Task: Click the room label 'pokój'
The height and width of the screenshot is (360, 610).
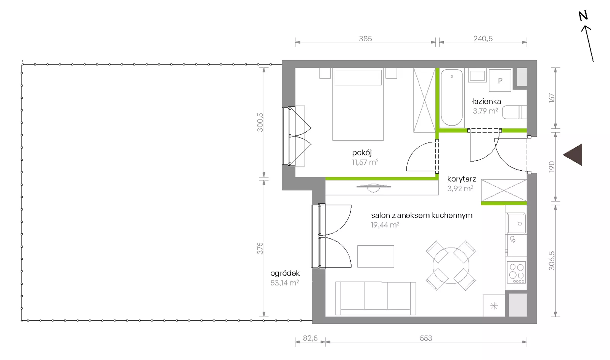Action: [x=362, y=153]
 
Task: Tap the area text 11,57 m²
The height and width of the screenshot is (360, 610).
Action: [x=365, y=162]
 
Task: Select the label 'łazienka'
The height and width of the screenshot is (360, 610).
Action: [x=486, y=101]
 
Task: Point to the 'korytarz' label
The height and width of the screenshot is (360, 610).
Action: [x=462, y=179]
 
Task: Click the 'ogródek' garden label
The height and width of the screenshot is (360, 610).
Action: [x=285, y=273]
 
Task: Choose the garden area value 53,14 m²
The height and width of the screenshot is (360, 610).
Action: [x=284, y=283]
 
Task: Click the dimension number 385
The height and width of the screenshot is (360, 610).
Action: [x=365, y=38]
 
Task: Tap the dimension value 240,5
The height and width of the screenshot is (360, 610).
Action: [x=483, y=38]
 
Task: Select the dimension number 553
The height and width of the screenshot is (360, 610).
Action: [x=426, y=338]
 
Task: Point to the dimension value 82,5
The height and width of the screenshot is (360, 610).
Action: [x=310, y=338]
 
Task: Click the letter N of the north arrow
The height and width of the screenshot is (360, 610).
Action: [x=583, y=16]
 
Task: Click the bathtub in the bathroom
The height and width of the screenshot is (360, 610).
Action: [x=452, y=98]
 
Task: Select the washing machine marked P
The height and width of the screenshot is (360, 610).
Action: [x=500, y=80]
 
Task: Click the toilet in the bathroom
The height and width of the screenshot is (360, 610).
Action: [x=514, y=112]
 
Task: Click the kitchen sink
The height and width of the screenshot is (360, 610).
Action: [x=516, y=223]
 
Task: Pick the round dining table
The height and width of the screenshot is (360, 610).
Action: [x=451, y=266]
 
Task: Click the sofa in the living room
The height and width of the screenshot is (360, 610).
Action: [x=376, y=299]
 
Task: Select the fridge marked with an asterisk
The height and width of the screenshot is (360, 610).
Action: [x=494, y=306]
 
